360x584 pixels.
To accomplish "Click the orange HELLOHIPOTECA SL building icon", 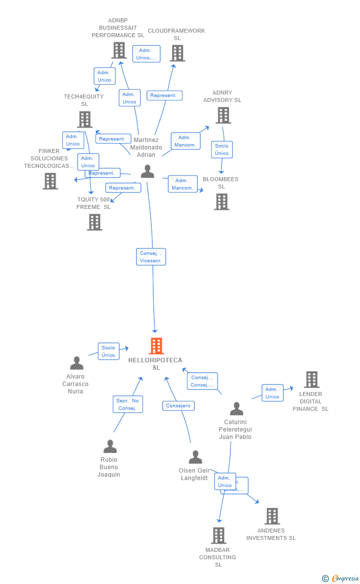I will tap(156, 346).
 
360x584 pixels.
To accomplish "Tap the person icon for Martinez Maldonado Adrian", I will tap(147, 171).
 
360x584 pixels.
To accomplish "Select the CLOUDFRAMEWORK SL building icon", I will tap(178, 53).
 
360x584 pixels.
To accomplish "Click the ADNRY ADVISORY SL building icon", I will tap(223, 115).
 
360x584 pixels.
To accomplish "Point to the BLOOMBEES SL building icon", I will tap(222, 201).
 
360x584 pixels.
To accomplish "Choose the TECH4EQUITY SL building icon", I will tap(85, 119).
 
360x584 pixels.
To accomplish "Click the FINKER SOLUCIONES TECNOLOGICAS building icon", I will tap(50, 181).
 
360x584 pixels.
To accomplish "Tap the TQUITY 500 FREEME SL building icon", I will tap(94, 222).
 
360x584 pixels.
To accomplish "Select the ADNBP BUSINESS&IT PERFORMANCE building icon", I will tap(119, 50).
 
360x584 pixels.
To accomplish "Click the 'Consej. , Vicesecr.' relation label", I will tap(151, 257).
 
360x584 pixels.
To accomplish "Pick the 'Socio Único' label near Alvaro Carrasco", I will tap(108, 351).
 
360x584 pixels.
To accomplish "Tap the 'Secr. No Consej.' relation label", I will tap(128, 404).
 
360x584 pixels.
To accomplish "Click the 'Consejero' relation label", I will tap(178, 406).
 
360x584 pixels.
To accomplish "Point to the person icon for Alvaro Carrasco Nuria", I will tap(77, 363).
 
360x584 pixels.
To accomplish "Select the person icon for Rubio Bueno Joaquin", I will tap(110, 446).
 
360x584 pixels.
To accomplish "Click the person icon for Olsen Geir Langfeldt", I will tap(195, 457).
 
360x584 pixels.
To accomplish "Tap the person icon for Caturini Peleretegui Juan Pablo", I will tap(236, 409).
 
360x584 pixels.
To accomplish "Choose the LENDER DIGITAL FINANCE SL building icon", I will tap(312, 380).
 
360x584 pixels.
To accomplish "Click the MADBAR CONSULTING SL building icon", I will tap(219, 535).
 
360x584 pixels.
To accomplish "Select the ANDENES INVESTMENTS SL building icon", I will tap(272, 516).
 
